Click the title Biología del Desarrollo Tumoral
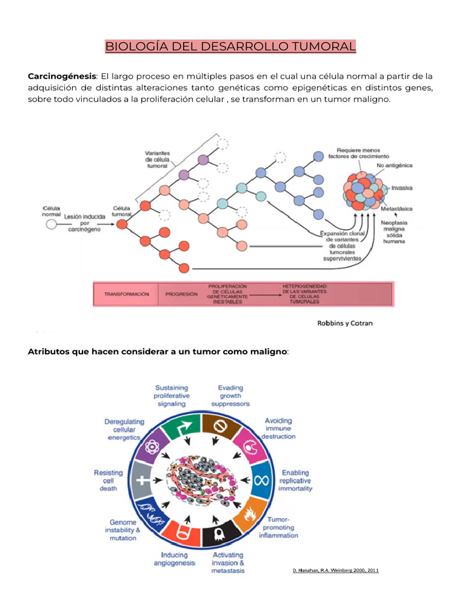point(230,46)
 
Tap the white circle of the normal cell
point(51,224)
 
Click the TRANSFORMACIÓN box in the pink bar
point(126,295)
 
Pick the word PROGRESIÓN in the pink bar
point(181,295)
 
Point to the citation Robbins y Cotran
point(345,323)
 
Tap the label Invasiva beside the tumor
point(401,188)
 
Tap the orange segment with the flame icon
point(250,513)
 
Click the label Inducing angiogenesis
point(174,559)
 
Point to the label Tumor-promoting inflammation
point(279,527)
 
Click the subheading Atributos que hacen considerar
point(158,351)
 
